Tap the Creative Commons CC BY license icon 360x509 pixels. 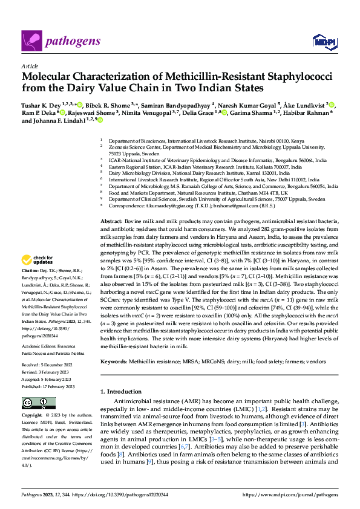point(38,403)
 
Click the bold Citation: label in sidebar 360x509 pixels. point(31,270)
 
